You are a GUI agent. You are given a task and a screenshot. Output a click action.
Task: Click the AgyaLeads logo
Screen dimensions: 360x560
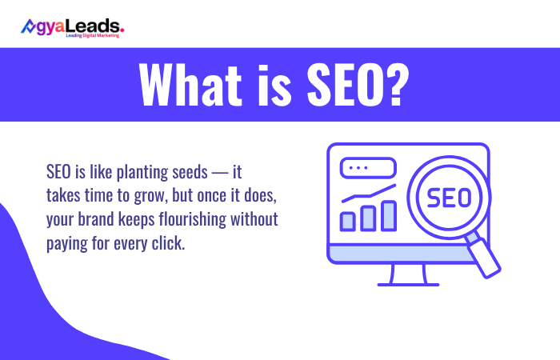72,26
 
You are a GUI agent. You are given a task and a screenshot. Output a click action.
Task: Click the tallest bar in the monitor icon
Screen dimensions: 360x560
389,214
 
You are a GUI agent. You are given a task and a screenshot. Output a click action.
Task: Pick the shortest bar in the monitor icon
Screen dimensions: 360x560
348,220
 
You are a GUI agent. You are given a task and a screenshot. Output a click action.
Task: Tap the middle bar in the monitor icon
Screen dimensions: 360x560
369,217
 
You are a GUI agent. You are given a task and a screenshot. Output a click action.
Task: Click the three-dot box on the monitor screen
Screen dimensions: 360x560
367,168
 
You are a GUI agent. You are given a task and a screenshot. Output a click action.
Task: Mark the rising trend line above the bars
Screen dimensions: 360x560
369,193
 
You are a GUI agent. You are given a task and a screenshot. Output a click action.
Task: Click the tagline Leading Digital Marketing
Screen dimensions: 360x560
92,35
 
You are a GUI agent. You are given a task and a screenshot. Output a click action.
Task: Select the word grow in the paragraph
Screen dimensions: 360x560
140,196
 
